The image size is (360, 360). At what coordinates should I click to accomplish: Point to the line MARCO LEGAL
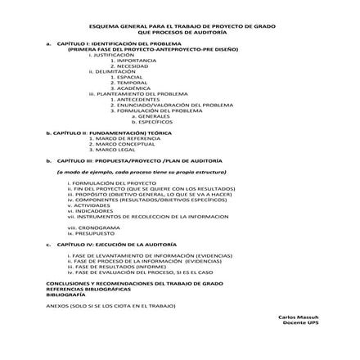(118, 150)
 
